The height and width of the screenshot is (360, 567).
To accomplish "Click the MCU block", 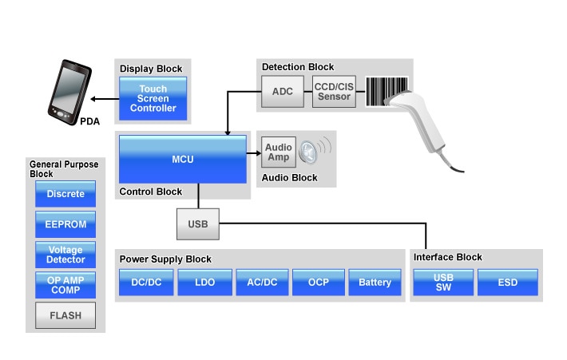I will pos(183,159).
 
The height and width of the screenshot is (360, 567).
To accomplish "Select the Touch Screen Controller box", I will pos(153,99).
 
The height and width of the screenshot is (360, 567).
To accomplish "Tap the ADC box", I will pos(282,92).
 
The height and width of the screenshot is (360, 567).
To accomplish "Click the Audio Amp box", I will pos(278,152).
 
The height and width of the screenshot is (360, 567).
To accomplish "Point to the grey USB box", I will pos(197,224).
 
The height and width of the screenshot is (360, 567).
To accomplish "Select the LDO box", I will pos(204,283).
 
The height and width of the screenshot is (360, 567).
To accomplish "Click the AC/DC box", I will pos(262,283).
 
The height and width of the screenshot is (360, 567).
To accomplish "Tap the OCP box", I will pos(319,283).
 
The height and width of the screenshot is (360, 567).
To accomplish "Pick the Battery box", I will pos(375,283).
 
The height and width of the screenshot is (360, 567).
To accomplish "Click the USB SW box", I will pos(443,283).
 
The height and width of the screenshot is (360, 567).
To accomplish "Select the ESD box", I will pos(508,283).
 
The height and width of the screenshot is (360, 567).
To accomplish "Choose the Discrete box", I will pos(65,194).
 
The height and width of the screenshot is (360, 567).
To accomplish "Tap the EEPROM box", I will pos(65,224).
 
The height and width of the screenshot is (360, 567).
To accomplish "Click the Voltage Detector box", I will pos(65,255).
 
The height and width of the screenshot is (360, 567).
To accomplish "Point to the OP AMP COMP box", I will pos(65,285).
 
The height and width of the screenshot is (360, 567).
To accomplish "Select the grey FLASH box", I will pos(65,315).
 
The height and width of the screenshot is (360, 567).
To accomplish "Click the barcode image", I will pos(387,92).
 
